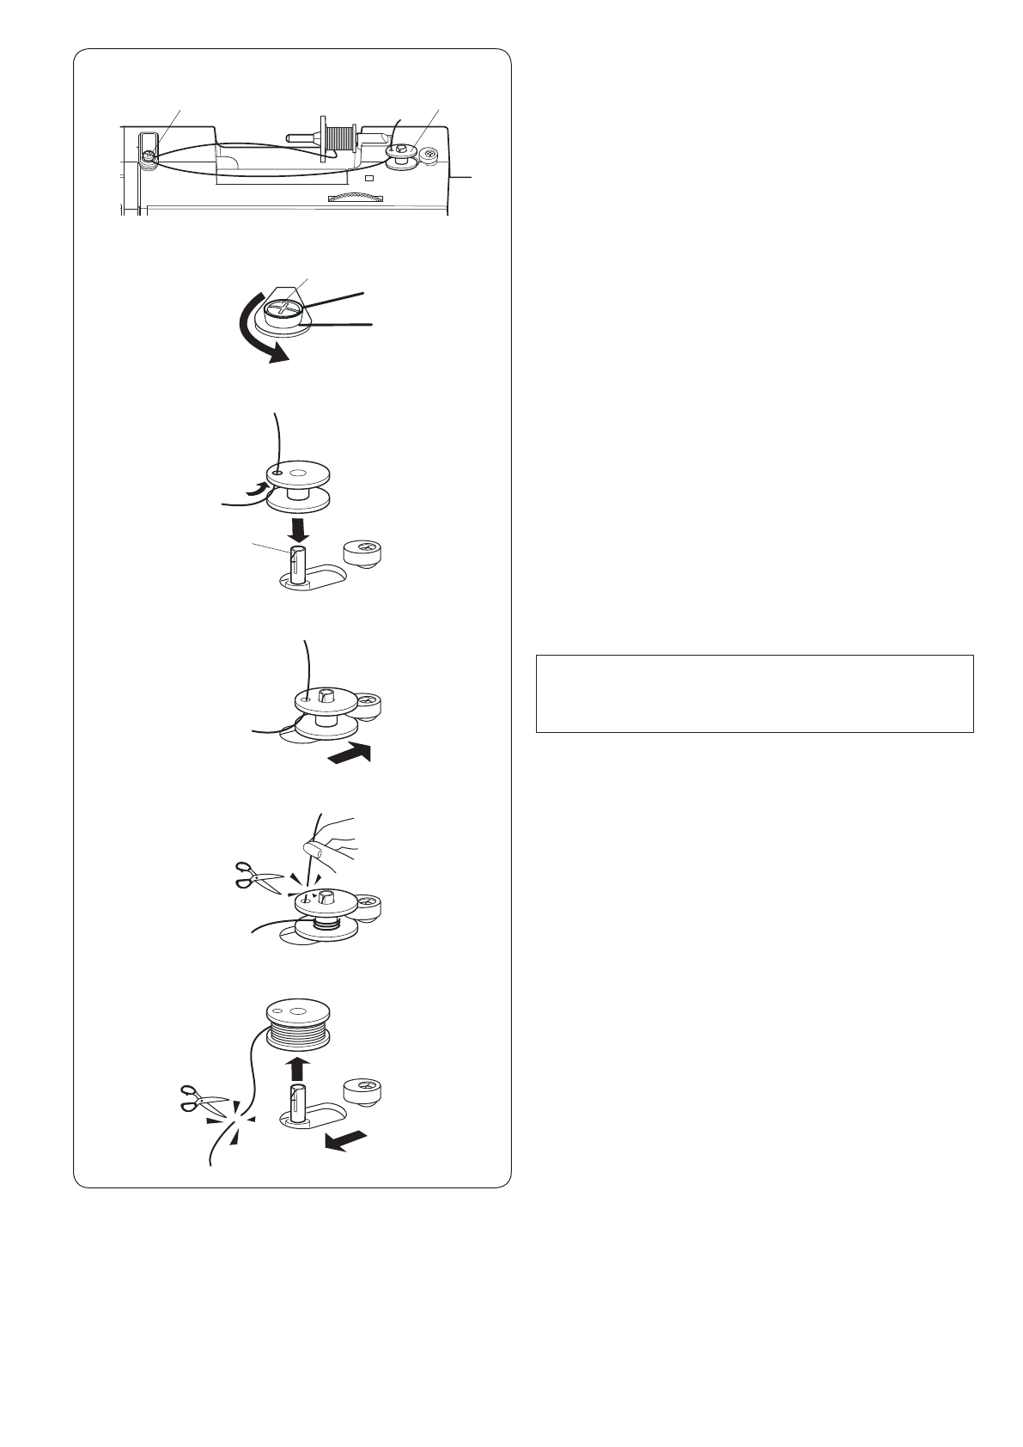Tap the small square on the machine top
tap(368, 179)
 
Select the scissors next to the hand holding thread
tap(259, 879)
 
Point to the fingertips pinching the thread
tap(315, 851)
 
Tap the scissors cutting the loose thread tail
tap(203, 1102)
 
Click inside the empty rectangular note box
tap(753, 693)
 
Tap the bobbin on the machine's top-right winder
tap(400, 156)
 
